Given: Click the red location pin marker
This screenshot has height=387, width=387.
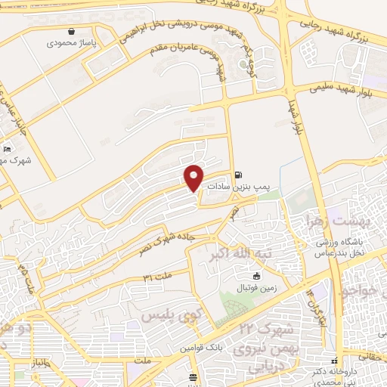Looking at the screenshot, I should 194,177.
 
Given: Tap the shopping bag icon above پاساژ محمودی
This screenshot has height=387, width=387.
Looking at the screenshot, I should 71,32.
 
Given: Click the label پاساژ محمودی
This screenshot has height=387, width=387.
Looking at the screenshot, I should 71,44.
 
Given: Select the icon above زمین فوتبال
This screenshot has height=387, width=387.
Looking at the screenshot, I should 257,276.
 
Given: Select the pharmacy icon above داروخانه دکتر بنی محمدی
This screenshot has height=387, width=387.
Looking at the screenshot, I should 334,360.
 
